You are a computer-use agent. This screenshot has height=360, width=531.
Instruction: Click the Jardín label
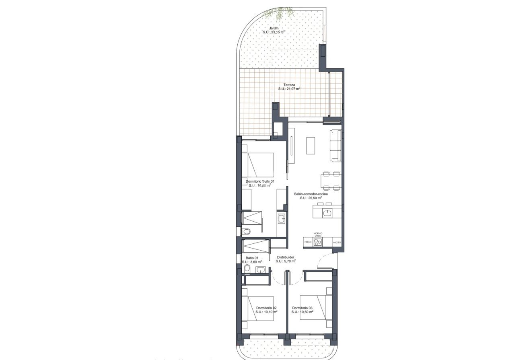coord(274,28)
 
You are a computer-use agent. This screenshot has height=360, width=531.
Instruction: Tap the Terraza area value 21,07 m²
coord(290,89)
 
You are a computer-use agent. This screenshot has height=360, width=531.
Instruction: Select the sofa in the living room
coord(336,146)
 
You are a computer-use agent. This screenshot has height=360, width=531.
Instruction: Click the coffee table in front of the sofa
coord(311,146)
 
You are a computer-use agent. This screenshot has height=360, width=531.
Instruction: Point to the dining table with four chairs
coord(331,181)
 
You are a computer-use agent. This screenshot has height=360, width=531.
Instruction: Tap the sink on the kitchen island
coord(327,212)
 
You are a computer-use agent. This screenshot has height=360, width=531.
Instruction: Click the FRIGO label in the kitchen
coord(308,242)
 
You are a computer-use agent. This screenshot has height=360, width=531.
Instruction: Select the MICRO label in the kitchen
coord(337,242)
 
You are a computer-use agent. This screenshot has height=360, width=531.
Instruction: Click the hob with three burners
coord(318,242)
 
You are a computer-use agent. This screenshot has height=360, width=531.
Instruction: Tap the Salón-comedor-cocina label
coord(311,194)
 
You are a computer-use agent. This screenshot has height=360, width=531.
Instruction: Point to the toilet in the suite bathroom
coord(247,231)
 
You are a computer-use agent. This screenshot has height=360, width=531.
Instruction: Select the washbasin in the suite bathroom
coord(282,219)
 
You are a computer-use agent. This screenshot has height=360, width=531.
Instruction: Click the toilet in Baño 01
coord(247,268)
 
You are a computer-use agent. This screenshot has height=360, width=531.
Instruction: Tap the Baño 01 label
coord(252,258)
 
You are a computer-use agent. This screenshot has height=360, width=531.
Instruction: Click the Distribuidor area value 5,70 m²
coord(286,261)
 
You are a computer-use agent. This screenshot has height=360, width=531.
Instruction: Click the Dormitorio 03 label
coord(302,308)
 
